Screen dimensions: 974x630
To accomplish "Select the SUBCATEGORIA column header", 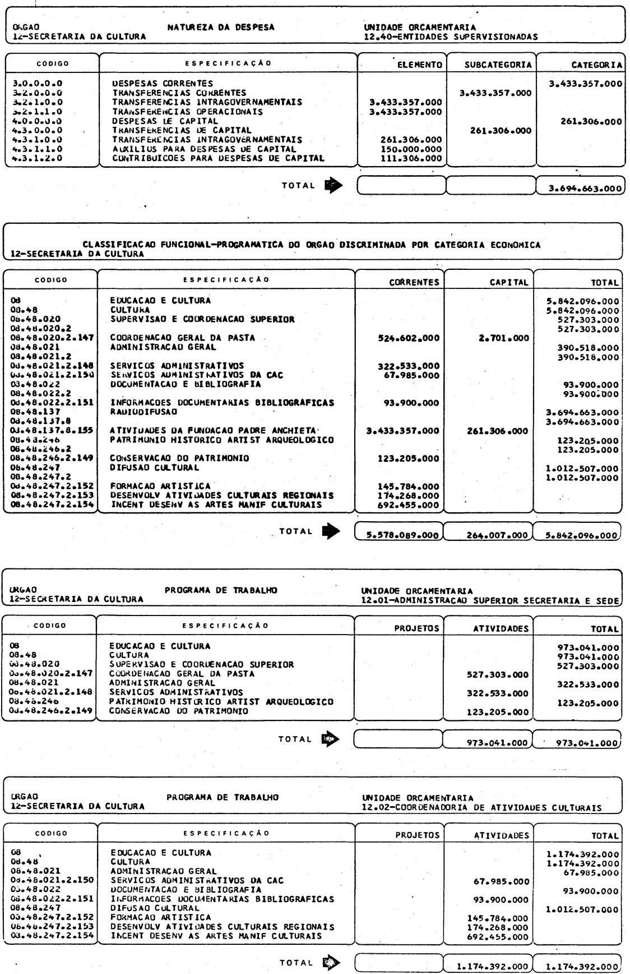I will pyautogui.click(x=498, y=65).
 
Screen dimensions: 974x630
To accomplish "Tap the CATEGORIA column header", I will pyautogui.click(x=596, y=65).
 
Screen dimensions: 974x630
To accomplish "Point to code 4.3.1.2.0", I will pyautogui.click(x=38, y=158).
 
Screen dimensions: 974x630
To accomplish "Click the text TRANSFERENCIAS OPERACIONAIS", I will pyautogui.click(x=187, y=112).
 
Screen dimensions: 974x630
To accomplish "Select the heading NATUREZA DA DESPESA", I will pyautogui.click(x=221, y=27).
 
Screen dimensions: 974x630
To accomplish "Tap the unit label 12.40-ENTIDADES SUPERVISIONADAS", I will pyautogui.click(x=450, y=37).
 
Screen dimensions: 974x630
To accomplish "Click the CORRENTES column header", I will pyautogui.click(x=414, y=282).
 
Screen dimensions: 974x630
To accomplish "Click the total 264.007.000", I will pyautogui.click(x=497, y=535).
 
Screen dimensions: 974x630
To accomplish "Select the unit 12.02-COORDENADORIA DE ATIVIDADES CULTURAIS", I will pyautogui.click(x=481, y=808).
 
